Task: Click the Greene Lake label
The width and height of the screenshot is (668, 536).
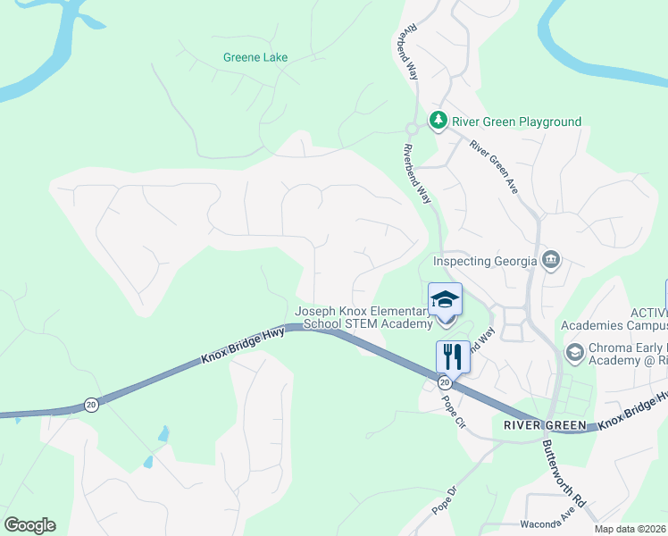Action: click(x=255, y=57)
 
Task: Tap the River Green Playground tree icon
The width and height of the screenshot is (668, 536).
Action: click(x=438, y=121)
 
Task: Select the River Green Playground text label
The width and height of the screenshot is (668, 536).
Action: click(x=516, y=121)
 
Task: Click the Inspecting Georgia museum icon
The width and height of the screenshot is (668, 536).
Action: click(x=551, y=260)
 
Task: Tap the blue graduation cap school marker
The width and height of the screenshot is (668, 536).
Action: click(x=445, y=300)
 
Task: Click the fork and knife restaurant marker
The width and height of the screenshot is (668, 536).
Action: click(x=453, y=356)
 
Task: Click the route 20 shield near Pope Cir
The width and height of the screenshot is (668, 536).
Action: click(x=444, y=382)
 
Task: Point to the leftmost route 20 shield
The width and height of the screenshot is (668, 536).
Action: click(x=91, y=405)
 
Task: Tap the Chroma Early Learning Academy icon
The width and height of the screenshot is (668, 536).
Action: click(x=574, y=352)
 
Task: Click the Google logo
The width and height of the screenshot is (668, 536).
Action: click(x=29, y=525)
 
